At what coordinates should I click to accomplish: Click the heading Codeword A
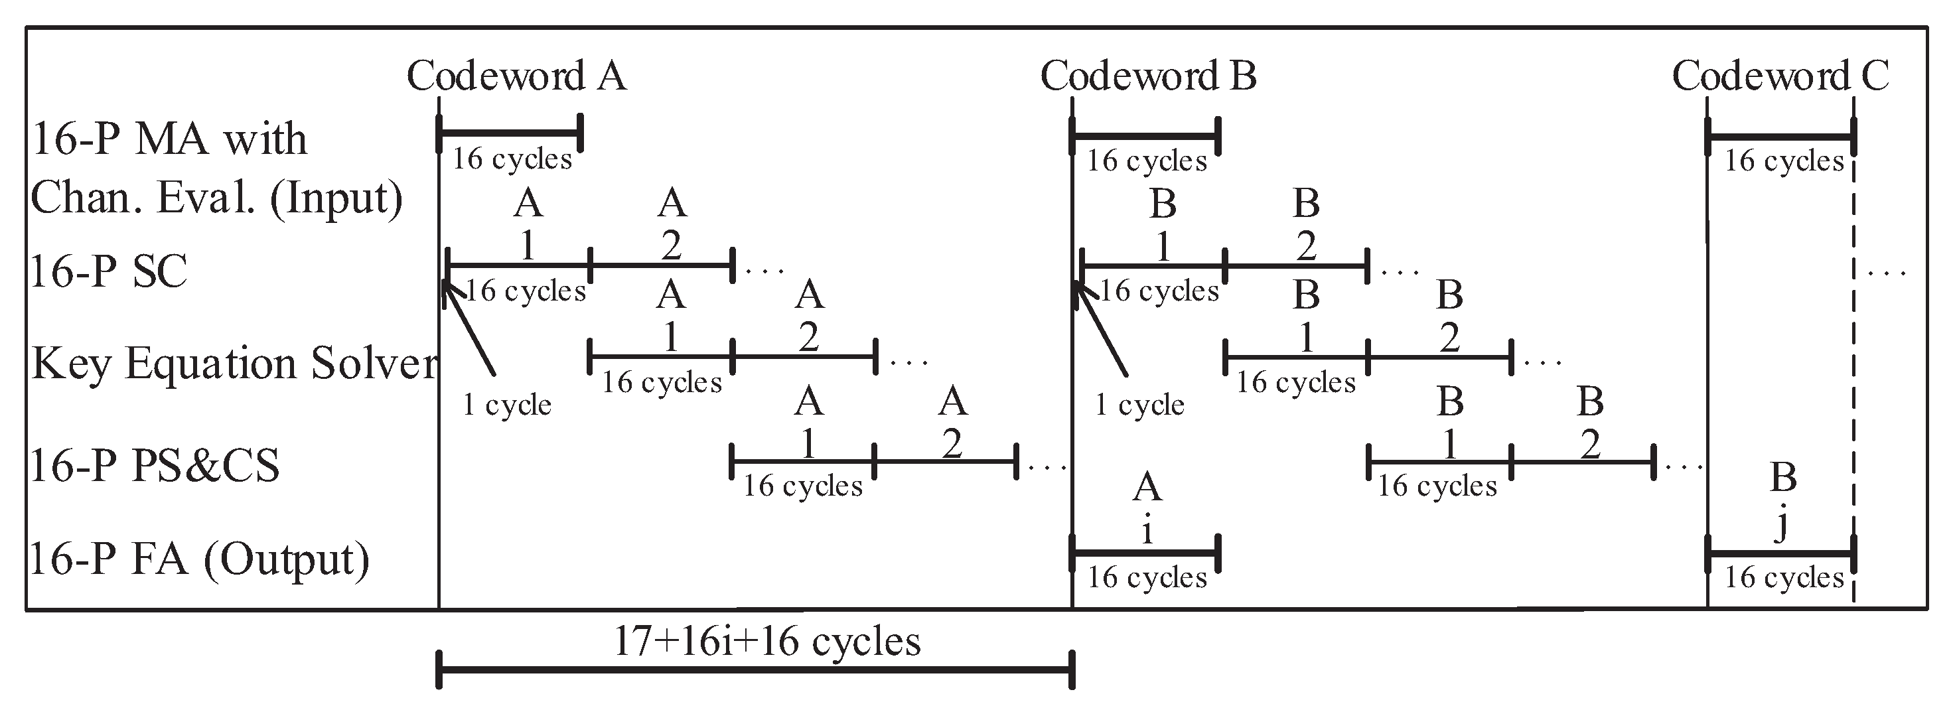pyautogui.click(x=516, y=76)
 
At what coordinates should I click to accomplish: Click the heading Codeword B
pyautogui.click(x=1147, y=76)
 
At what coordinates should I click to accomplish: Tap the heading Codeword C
pyautogui.click(x=1780, y=76)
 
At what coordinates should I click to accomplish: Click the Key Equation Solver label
pyautogui.click(x=234, y=364)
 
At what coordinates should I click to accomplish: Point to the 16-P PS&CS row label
pyautogui.click(x=155, y=465)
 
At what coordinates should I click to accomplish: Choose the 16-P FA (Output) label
pyautogui.click(x=199, y=559)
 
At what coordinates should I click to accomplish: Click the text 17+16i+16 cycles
pyautogui.click(x=766, y=641)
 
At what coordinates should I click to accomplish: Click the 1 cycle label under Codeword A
pyautogui.click(x=507, y=404)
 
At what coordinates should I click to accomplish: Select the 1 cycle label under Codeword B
pyautogui.click(x=1139, y=404)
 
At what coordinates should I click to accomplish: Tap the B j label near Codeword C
pyautogui.click(x=1782, y=501)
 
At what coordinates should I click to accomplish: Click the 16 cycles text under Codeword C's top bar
pyautogui.click(x=1784, y=161)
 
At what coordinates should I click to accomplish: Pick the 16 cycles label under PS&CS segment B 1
pyautogui.click(x=1437, y=486)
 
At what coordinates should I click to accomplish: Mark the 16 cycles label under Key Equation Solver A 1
pyautogui.click(x=661, y=382)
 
